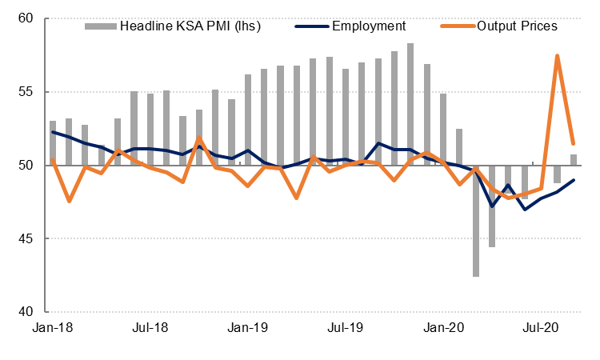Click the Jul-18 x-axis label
[x=150, y=328]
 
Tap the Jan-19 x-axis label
[x=249, y=328]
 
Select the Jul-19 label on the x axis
[x=346, y=328]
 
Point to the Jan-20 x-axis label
[x=444, y=328]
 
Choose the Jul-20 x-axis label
[x=542, y=328]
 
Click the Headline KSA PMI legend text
[x=190, y=26]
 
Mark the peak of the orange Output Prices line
[x=557, y=56]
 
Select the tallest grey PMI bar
[x=410, y=104]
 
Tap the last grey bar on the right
[x=574, y=160]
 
